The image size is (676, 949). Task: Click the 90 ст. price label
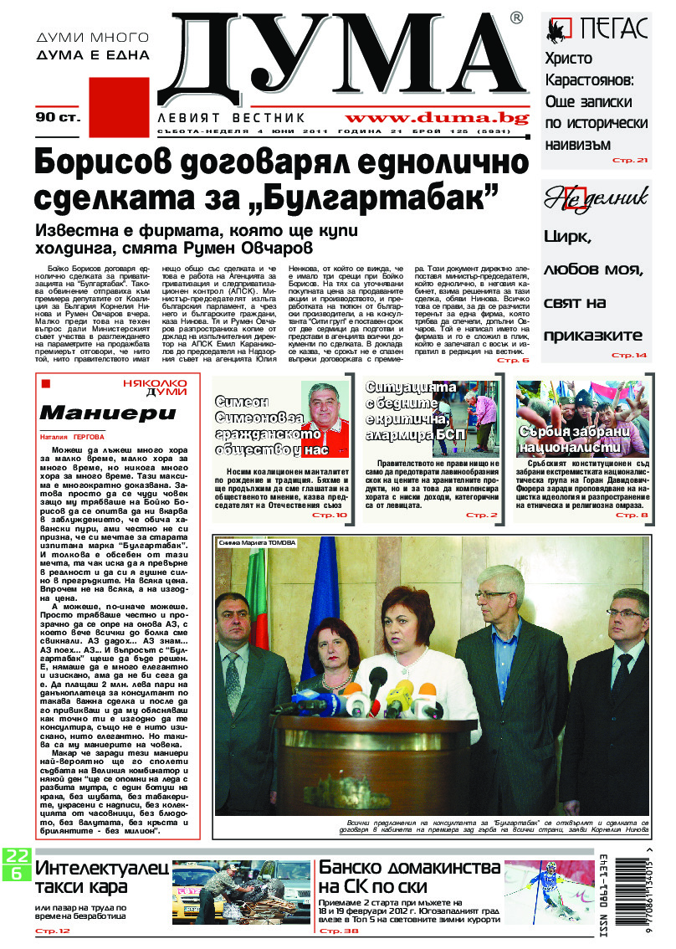[x=57, y=117]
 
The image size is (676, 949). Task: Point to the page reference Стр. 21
[x=630, y=159]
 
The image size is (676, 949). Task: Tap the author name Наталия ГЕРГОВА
[x=73, y=437]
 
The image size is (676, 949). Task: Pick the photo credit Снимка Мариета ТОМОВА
[x=258, y=543]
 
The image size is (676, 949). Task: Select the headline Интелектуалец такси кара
[x=100, y=880]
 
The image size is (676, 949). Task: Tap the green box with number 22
[x=16, y=856]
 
